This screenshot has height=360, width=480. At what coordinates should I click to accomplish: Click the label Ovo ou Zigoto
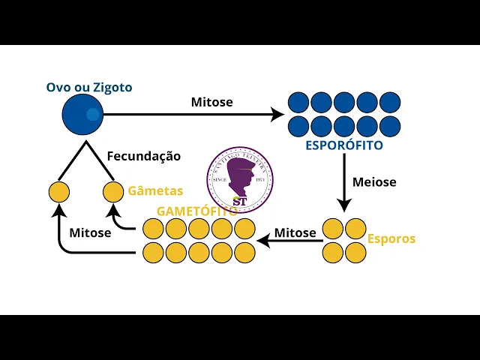click(x=89, y=88)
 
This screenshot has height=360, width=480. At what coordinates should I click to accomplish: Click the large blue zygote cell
click(x=82, y=115)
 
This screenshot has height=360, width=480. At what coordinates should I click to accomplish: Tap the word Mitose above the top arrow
click(x=211, y=102)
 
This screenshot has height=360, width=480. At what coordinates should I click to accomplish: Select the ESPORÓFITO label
click(x=344, y=145)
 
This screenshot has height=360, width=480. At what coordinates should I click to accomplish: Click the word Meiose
click(x=374, y=181)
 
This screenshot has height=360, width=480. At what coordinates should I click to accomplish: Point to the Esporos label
click(x=391, y=239)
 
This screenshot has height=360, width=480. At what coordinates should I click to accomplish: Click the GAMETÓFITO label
click(x=196, y=211)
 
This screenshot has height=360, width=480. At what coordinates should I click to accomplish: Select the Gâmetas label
click(x=155, y=191)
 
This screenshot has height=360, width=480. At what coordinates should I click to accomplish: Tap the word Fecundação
click(x=144, y=156)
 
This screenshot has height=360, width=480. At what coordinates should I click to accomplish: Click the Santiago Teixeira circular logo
click(x=240, y=179)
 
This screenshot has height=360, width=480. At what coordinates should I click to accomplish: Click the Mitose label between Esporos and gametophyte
click(x=295, y=232)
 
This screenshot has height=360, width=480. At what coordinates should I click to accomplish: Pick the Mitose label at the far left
click(x=90, y=232)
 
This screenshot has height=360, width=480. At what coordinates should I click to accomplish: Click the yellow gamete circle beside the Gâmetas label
click(x=113, y=192)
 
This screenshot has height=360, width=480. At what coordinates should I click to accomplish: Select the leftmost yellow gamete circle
click(x=59, y=192)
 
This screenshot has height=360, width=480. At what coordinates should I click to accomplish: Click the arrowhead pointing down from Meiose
click(x=344, y=205)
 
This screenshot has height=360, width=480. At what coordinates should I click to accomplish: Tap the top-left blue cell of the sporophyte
click(x=298, y=102)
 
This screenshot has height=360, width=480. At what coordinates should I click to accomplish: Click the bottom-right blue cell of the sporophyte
click(x=390, y=125)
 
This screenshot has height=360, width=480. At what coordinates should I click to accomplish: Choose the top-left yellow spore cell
click(x=333, y=229)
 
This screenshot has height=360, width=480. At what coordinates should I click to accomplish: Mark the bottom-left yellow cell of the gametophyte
click(x=153, y=252)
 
